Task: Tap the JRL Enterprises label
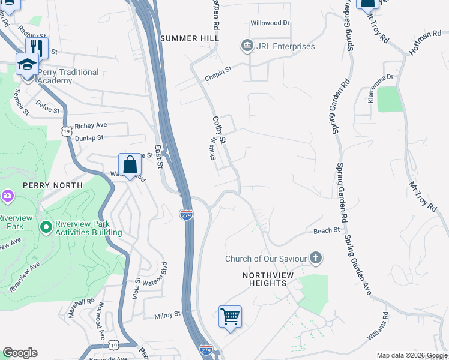tap(286, 46)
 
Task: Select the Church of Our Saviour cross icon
tap(316, 259)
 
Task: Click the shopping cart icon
tap(231, 316)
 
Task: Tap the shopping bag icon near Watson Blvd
tap(130, 165)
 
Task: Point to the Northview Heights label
tap(264, 279)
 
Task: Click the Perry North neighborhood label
tap(52, 185)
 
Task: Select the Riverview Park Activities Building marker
tap(46, 227)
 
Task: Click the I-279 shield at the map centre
tap(186, 214)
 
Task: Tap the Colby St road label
tap(218, 130)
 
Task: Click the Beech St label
tap(327, 230)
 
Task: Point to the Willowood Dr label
tap(270, 23)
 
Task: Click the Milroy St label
tap(167, 314)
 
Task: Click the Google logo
tap(20, 353)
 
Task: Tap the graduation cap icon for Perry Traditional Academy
tap(28, 64)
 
